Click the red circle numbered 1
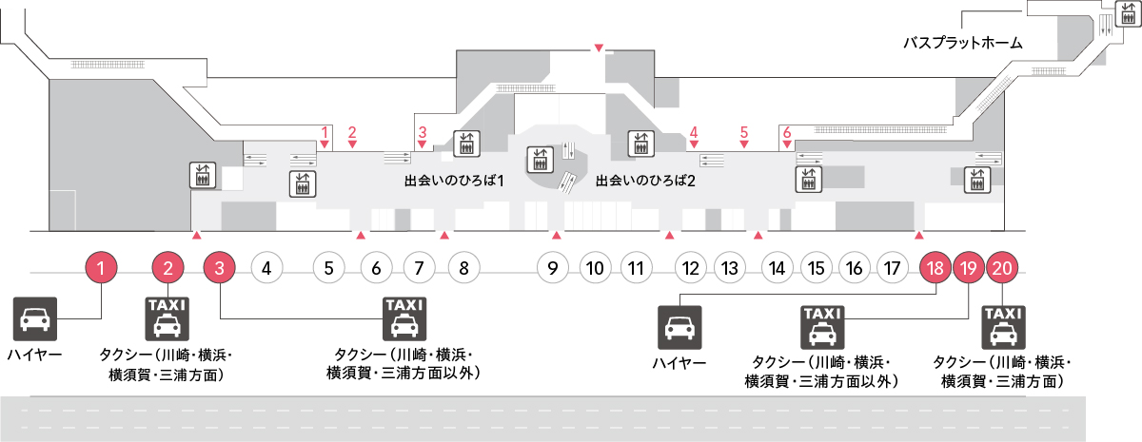click(x=101, y=268)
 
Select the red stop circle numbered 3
click(x=219, y=268)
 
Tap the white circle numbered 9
click(x=553, y=268)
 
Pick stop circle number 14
click(x=777, y=268)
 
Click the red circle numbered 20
click(x=1002, y=268)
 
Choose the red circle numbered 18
click(x=935, y=268)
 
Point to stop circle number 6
click(x=376, y=268)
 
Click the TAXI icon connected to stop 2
click(x=167, y=318)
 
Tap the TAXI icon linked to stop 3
click(x=404, y=318)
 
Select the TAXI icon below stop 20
click(x=1003, y=327)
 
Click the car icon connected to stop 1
click(x=34, y=318)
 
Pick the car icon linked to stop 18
click(x=679, y=327)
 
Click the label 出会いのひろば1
click(x=454, y=181)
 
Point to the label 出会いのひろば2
click(x=645, y=181)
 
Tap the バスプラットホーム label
click(x=963, y=43)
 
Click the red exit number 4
click(x=694, y=132)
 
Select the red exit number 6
click(x=787, y=132)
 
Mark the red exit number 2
click(x=352, y=132)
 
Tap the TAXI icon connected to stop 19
click(x=822, y=327)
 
